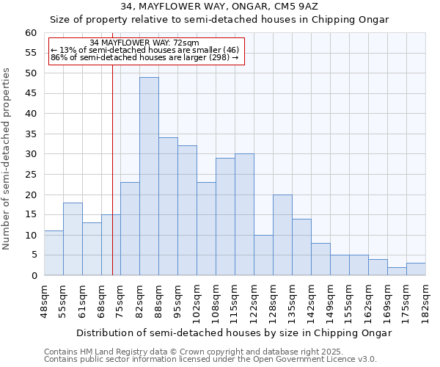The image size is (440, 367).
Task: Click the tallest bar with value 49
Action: [149, 176]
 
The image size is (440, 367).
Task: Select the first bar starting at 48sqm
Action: [54, 253]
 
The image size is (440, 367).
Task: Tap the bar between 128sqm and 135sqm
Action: [282, 235]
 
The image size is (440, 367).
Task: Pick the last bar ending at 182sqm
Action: [416, 269]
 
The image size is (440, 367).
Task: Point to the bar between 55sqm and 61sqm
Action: [73, 239]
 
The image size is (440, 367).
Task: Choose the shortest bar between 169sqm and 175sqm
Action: [397, 272]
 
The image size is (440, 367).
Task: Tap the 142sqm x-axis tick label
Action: [312, 300]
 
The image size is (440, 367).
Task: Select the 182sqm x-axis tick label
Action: [426, 300]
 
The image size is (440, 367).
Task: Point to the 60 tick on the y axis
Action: [31, 33]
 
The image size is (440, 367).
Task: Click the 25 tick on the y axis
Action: [31, 175]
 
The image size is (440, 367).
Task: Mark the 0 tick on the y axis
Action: [34, 276]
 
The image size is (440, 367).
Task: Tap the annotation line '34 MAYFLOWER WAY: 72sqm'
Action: [144, 43]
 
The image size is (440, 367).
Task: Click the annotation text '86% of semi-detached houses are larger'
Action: [144, 57]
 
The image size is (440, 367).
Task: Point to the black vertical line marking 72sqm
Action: [112, 169]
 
